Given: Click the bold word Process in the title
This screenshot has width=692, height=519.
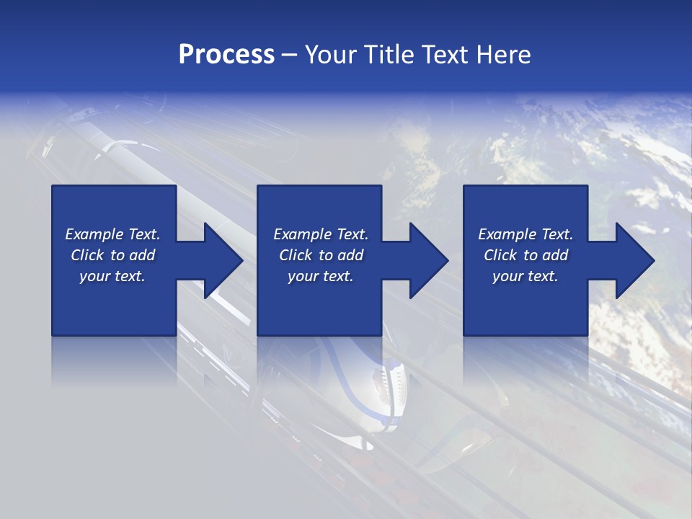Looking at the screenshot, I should (226, 55).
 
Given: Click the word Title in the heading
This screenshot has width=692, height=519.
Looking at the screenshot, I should (389, 55).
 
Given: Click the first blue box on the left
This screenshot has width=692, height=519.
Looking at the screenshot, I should (114, 303).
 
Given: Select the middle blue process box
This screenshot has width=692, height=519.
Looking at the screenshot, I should (319, 303).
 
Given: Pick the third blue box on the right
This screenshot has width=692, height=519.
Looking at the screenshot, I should (525, 303).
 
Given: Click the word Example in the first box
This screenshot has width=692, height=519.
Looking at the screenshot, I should (94, 234).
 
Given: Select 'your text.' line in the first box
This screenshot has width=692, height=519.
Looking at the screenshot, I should (112, 276).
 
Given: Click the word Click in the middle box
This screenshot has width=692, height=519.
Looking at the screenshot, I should (295, 255).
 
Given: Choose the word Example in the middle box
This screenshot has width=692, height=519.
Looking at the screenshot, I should (302, 234).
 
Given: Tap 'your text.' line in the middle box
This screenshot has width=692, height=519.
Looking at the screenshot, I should (320, 276).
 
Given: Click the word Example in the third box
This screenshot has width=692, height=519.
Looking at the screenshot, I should (507, 234).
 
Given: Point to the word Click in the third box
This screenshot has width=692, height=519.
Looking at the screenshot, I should (500, 255).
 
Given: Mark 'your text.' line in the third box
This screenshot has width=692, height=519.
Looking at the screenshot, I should (525, 276).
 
